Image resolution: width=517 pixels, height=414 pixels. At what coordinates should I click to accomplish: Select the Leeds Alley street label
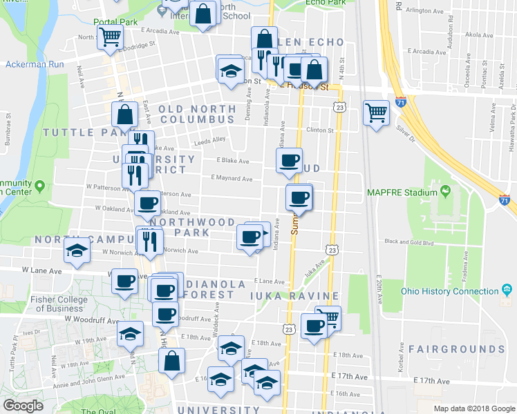click(210, 140)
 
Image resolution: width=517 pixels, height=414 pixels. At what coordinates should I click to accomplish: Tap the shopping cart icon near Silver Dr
click(376, 111)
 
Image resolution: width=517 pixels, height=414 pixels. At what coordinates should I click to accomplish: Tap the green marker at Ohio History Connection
click(506, 289)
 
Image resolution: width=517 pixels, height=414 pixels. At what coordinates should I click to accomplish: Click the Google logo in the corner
click(23, 406)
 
